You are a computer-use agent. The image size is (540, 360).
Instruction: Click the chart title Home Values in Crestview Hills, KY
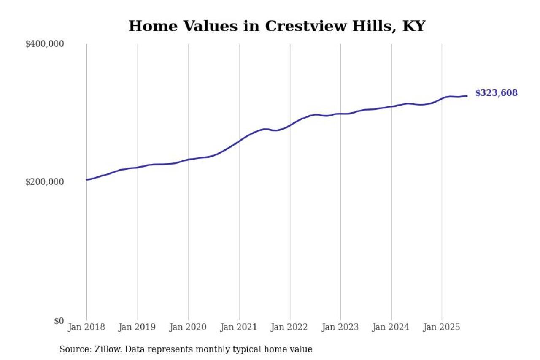coord(277,26)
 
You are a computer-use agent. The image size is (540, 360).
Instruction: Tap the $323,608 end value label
coord(496,93)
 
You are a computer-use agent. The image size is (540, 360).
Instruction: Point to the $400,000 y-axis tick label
coord(44,44)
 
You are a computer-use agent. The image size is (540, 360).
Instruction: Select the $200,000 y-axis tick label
coord(44,182)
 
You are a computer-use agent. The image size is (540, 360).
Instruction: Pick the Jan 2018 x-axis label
coord(86,327)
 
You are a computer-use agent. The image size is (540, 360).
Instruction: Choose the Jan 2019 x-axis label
coord(138,327)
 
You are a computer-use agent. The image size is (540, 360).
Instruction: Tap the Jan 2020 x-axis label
coord(188,327)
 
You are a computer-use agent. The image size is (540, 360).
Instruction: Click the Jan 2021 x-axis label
coord(239,327)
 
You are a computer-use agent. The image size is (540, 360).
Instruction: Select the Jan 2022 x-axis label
coord(290,327)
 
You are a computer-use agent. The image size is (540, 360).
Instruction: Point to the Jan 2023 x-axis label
coord(340,327)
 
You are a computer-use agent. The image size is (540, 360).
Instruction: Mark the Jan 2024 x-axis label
coord(391,327)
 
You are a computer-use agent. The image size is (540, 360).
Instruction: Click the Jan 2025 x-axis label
coord(442,327)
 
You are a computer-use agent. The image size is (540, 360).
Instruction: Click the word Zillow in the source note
coord(104,349)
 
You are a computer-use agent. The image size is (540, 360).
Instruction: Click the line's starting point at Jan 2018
coord(86,180)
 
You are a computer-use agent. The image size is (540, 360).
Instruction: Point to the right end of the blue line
coord(467,96)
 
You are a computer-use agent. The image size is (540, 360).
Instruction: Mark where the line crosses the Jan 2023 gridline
coord(340,114)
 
